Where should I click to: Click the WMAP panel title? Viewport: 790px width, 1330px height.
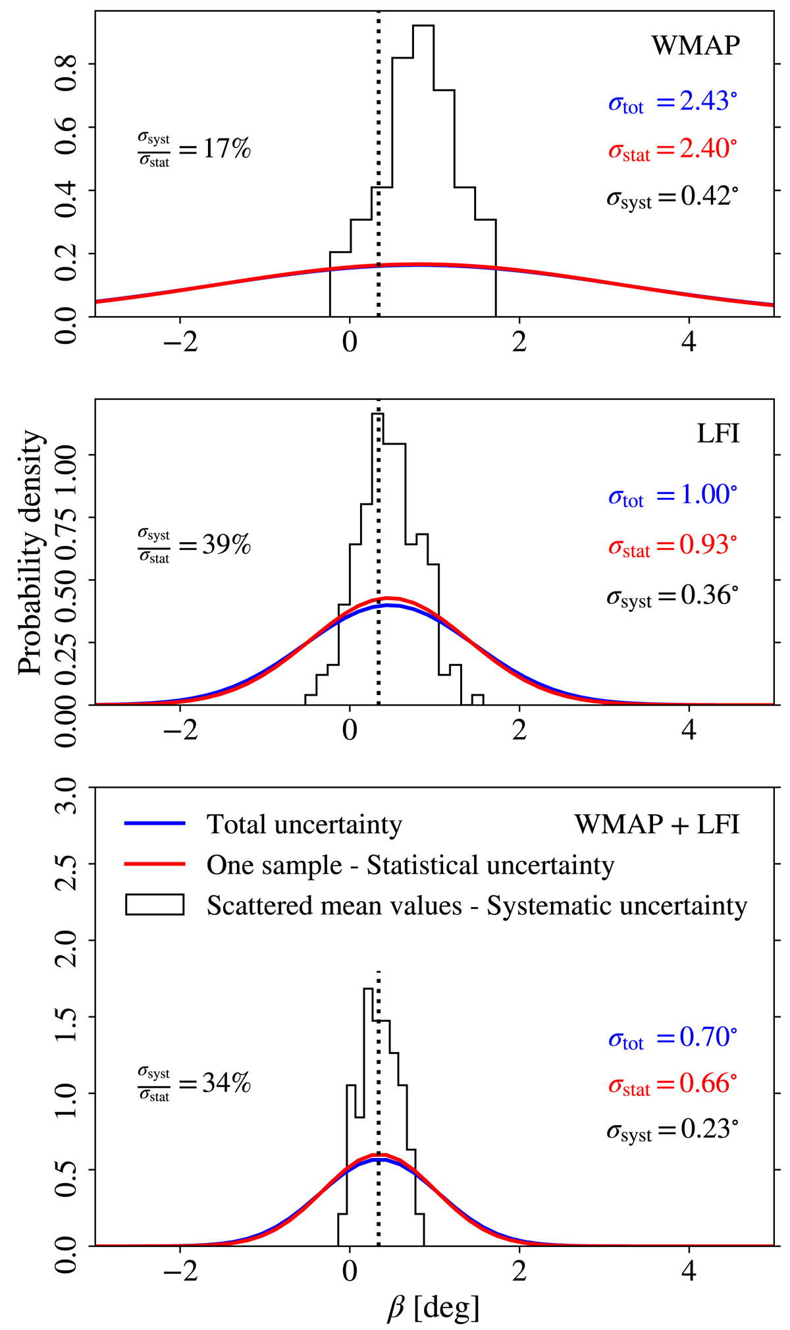(x=695, y=46)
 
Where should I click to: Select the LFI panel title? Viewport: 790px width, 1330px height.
(x=718, y=434)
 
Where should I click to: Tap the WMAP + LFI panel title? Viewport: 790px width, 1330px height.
(x=656, y=824)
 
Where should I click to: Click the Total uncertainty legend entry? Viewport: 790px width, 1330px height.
(x=304, y=824)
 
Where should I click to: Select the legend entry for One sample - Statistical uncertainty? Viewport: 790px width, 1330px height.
(x=409, y=865)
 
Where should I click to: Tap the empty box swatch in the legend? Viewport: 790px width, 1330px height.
(x=155, y=905)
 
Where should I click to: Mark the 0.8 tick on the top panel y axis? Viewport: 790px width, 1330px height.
(x=66, y=63)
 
